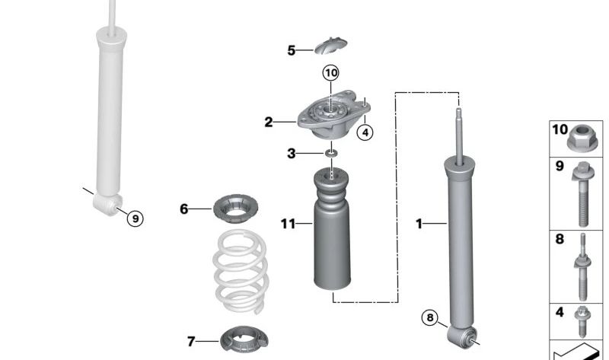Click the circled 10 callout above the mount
(330, 73)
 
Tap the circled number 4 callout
(365, 132)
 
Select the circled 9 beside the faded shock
(134, 218)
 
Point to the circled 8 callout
(431, 318)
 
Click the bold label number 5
(292, 51)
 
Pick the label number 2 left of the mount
(269, 122)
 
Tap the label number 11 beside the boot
(287, 224)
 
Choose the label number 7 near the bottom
(191, 342)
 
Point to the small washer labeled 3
(331, 155)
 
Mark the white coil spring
(240, 270)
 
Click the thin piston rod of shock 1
(459, 137)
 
